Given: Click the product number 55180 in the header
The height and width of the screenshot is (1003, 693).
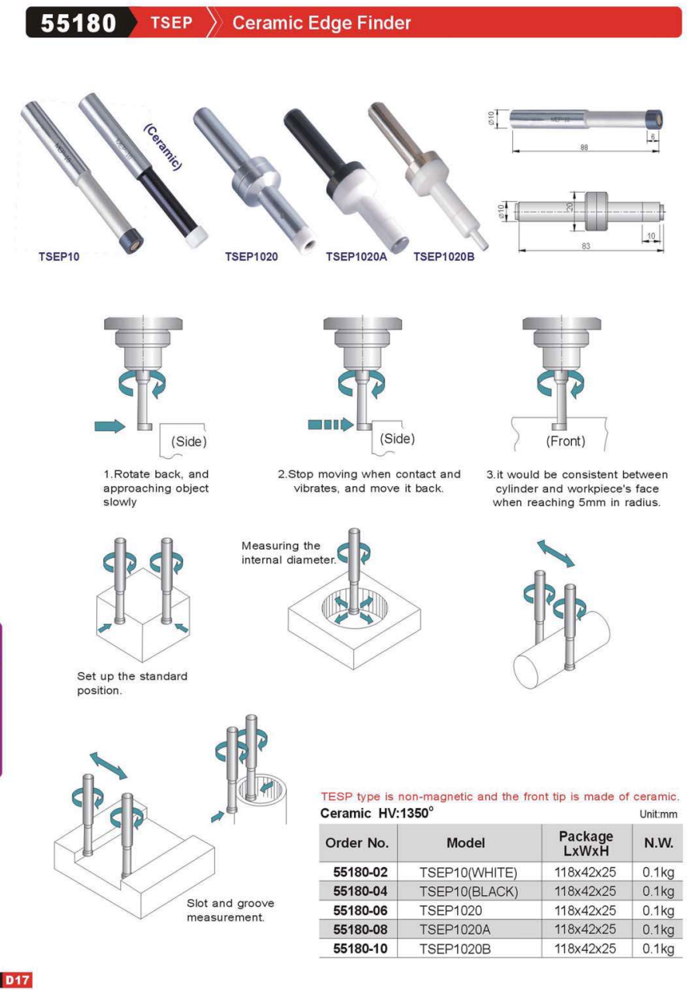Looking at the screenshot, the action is coord(78,23).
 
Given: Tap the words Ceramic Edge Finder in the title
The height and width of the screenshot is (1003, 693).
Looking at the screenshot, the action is coord(321,23).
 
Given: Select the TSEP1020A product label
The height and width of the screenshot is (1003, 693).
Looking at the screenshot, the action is coord(356,256).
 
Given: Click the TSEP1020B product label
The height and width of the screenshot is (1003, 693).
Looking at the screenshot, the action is coord(444,256).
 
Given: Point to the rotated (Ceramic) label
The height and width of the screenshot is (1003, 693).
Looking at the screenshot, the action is coord(163,147).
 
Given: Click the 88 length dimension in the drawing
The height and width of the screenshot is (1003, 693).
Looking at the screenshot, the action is coord(584,147).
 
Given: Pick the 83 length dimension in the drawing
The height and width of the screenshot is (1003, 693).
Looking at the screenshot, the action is coord(586,246).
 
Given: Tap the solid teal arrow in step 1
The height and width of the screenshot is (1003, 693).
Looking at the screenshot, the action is coord(109,426).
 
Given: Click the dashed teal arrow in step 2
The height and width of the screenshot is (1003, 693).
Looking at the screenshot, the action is coord(331,424).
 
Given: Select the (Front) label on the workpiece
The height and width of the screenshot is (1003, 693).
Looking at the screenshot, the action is coord(566,442).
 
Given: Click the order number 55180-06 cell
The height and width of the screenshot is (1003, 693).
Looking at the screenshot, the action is coord(360,911).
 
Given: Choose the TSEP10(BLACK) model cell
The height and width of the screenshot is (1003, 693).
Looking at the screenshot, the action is coord(468,891).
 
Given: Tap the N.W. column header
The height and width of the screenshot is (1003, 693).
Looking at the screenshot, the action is coord(658,843).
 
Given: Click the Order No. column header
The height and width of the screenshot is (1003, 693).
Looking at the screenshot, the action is coord(357,843).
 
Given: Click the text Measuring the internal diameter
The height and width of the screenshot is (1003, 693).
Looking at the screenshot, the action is coord(289,553).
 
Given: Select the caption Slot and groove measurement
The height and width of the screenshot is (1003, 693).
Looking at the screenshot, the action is coord(230,911).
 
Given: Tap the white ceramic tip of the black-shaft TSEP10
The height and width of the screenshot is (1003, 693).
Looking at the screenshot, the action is coord(196,235).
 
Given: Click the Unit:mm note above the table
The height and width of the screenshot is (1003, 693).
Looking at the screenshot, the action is coord(658,814).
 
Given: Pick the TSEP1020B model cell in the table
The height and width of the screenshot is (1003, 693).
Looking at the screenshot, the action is coord(455,949).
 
